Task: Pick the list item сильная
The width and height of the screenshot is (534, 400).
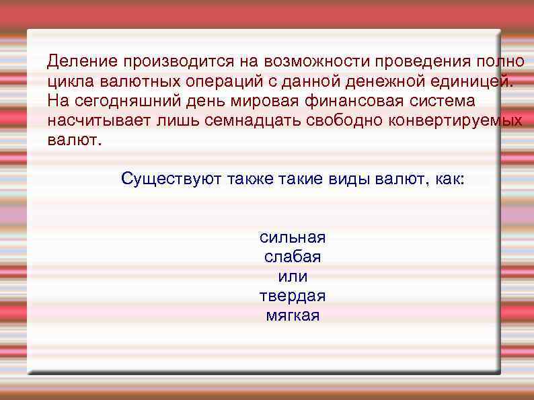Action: [x=293, y=237]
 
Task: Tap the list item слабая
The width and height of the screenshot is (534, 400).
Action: [x=293, y=257]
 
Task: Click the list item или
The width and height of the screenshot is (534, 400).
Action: [x=293, y=276]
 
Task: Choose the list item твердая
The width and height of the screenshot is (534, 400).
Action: [x=293, y=296]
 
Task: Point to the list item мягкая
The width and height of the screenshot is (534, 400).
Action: [x=293, y=315]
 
